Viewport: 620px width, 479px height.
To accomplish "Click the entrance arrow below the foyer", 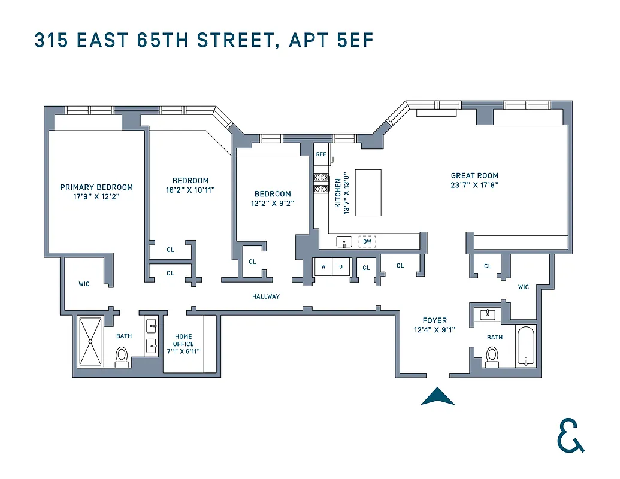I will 437,397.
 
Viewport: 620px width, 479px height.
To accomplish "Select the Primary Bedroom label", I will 96,187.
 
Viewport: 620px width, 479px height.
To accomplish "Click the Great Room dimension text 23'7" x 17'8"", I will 474,185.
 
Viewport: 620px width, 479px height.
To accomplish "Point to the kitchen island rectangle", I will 368,192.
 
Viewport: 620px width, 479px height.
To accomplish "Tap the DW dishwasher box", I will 367,242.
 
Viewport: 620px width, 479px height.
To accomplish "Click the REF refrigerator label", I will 321,154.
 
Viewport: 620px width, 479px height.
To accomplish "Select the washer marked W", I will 323,266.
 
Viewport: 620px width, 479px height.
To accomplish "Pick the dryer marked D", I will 341,266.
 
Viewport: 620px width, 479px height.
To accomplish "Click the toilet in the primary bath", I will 122,356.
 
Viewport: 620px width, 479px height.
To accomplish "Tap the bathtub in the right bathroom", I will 527,345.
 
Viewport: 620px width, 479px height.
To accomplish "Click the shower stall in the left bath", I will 90,341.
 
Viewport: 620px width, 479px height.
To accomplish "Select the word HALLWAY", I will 265,296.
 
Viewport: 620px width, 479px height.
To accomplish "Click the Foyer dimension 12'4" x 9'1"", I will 435,329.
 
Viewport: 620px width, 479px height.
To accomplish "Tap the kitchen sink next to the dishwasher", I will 344,242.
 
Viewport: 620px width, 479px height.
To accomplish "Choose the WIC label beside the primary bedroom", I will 84,284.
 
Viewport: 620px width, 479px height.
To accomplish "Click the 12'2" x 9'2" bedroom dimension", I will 273,203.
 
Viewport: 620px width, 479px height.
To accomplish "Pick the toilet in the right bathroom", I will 492,354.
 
